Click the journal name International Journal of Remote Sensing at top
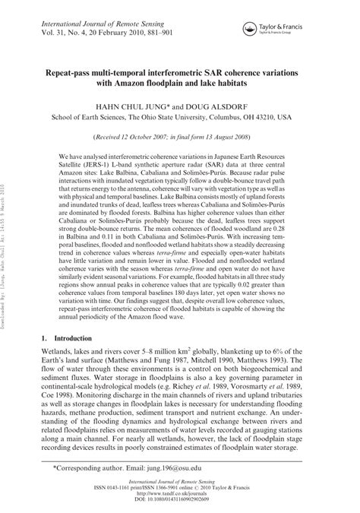pos(96,15)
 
